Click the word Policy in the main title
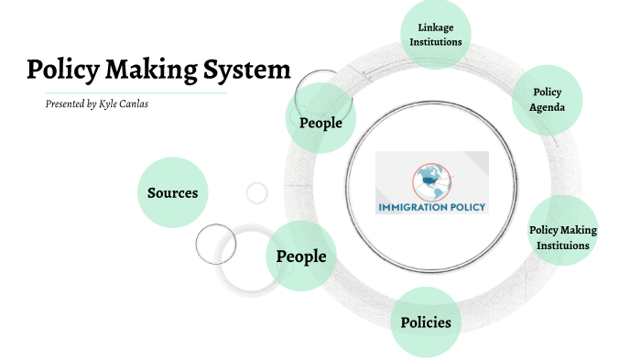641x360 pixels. coord(65,71)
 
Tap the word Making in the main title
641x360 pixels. coord(157,71)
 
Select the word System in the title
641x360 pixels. coord(250,71)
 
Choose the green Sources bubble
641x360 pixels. coord(172,192)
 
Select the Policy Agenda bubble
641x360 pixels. coord(549,100)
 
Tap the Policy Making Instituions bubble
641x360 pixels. coord(563,237)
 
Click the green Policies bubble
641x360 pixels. coord(426,322)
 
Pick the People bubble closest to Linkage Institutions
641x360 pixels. coord(320,123)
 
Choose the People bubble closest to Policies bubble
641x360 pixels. coord(301,256)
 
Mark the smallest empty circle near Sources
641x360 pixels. coord(257,192)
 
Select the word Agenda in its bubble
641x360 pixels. coord(549,107)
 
